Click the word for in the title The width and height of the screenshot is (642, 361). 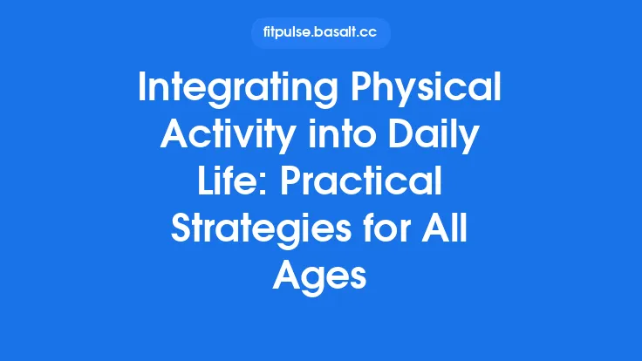(x=389, y=230)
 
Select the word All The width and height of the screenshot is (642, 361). (x=450, y=230)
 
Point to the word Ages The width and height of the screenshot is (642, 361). (x=321, y=276)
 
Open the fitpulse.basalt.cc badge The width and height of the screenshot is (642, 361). (x=321, y=33)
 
